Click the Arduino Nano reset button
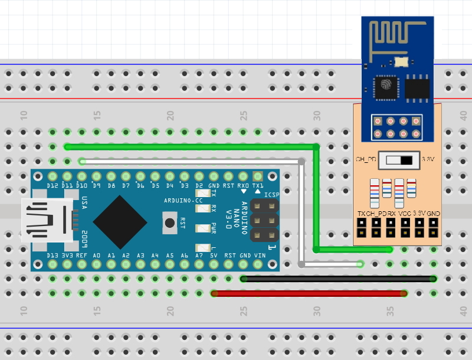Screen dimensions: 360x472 coord(170,222)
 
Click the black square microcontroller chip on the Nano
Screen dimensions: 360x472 coord(120,222)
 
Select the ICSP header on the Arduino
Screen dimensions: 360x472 coord(264,220)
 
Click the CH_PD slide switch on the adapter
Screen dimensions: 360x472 coord(398,159)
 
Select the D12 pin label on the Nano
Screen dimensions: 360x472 coord(53,186)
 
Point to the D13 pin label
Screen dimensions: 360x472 coord(53,255)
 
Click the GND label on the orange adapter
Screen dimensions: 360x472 coord(434,212)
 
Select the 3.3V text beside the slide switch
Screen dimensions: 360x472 coord(429,159)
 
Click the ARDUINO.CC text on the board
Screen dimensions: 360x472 coord(183,201)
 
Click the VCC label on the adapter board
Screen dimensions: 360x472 coord(405,212)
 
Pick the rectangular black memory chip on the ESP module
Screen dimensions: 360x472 coord(417,87)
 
